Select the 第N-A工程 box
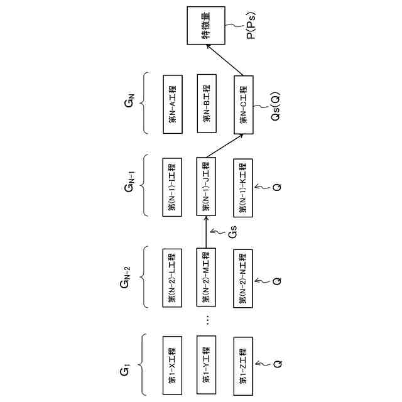click(x=171, y=104)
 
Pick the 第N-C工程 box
click(x=242, y=105)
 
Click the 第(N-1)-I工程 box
click(x=171, y=187)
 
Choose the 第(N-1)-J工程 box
click(x=207, y=187)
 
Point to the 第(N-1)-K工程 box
click(x=242, y=187)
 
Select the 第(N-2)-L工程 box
click(x=171, y=278)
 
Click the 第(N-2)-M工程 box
click(x=207, y=278)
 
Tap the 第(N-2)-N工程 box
click(x=242, y=278)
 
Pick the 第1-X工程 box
click(x=171, y=366)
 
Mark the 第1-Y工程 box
click(x=207, y=366)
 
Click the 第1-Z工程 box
click(x=242, y=366)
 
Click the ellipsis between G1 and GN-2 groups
click(x=207, y=320)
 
